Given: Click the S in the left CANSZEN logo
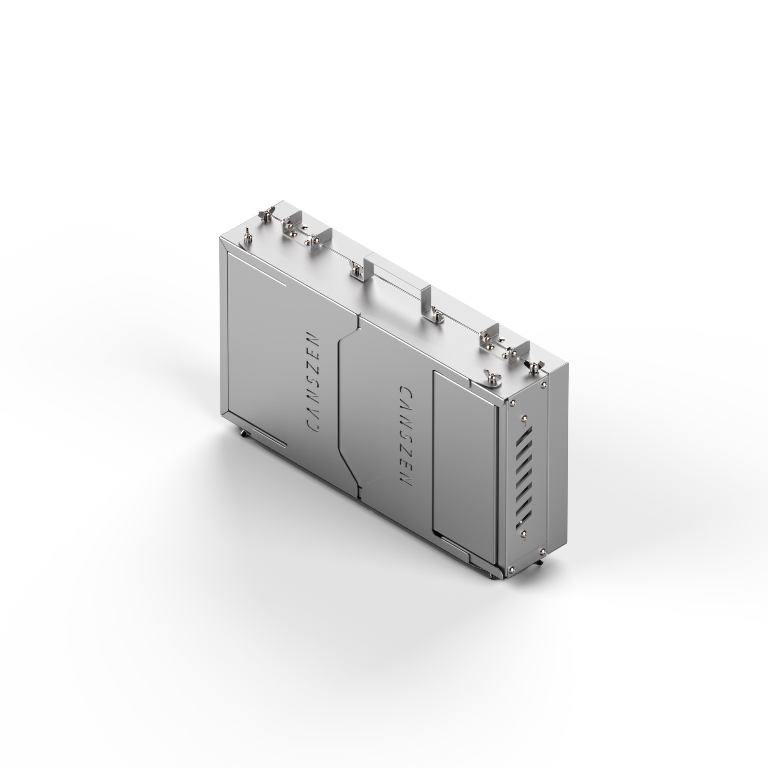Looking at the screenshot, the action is (314, 379).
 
